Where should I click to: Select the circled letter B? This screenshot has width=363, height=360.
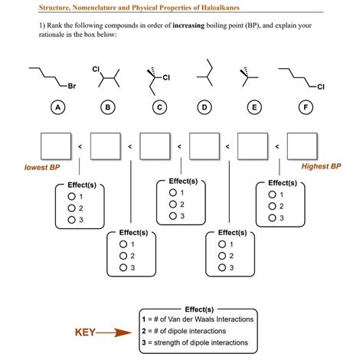coord(107,108)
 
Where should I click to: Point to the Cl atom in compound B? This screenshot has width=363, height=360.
coord(96,68)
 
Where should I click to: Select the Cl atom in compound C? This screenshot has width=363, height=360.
coord(165,77)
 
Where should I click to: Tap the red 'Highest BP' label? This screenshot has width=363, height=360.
coord(321,165)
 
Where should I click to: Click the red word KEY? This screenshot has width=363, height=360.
coord(84,332)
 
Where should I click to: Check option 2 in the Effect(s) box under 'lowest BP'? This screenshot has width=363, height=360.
coord(72,208)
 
